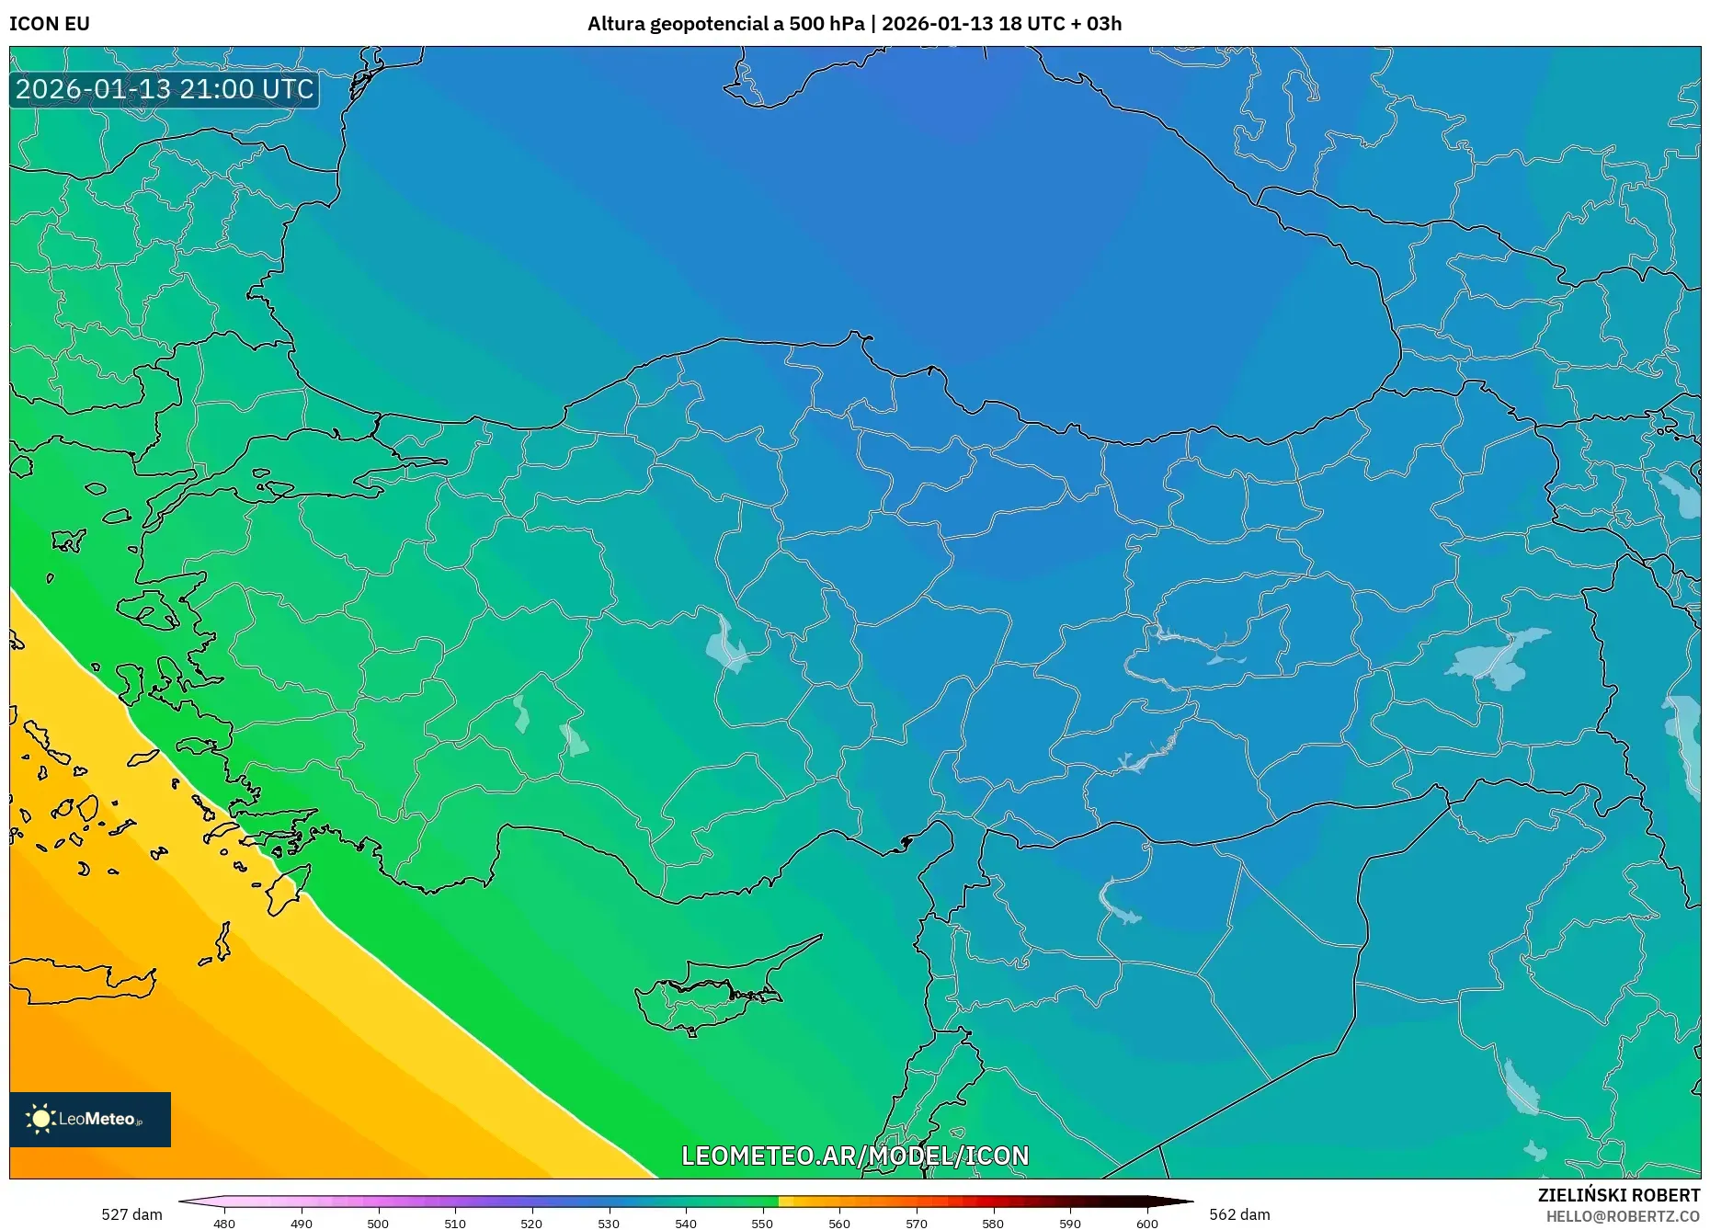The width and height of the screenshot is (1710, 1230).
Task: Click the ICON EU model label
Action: pos(50,24)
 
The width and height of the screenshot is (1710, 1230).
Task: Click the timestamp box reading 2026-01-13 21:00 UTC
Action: pos(165,89)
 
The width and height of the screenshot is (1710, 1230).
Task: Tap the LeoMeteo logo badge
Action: pos(90,1119)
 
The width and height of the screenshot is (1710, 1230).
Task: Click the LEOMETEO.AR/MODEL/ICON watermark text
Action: pos(855,1156)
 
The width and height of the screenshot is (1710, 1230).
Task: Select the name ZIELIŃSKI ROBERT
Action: pos(1618,1195)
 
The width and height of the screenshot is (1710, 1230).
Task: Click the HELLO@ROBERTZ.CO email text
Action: pos(1623,1216)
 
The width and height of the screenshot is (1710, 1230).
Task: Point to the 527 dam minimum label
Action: pos(131,1214)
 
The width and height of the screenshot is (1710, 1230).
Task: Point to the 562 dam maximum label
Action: pos(1239,1214)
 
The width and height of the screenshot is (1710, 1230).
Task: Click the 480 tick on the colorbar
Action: pos(224,1223)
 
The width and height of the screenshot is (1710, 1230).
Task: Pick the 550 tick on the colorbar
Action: pos(762,1223)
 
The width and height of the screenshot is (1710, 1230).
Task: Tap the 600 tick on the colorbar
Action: pos(1146,1223)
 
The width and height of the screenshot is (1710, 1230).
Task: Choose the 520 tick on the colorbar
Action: pos(531,1223)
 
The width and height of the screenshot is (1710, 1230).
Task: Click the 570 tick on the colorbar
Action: pos(916,1223)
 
